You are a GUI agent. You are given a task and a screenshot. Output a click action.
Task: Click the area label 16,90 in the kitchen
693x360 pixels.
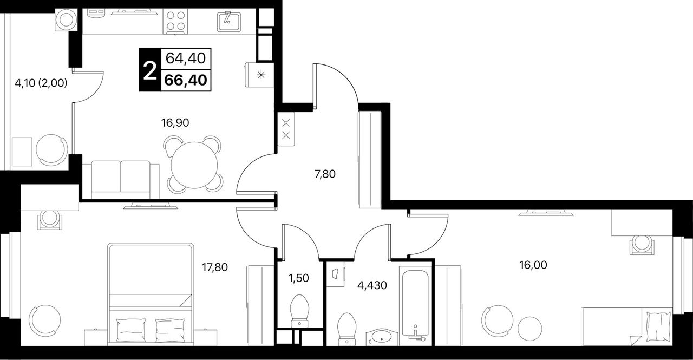point(175,123)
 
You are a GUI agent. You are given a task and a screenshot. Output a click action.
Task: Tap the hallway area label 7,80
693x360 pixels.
point(325,174)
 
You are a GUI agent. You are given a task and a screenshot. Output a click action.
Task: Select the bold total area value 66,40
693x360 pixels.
point(186,81)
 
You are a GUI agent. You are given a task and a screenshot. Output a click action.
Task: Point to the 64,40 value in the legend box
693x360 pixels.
point(186,58)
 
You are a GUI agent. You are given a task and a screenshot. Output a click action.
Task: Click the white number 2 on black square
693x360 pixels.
point(151,70)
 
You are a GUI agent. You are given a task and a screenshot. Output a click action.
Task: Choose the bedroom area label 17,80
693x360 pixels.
point(215,267)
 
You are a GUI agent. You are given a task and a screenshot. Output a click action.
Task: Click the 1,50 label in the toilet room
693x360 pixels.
point(298,278)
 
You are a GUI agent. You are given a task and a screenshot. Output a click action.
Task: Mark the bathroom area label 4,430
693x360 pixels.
point(372,285)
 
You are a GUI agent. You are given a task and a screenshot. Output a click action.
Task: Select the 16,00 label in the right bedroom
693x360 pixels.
point(533,265)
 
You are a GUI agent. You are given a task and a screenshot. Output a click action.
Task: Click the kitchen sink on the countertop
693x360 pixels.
point(229,22)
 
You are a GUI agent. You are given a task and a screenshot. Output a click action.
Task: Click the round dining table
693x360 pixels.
point(194,165)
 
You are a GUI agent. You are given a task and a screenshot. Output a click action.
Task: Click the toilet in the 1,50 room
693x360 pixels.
point(299,311)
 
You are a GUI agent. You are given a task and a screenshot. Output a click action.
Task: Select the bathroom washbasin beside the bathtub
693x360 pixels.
point(382,337)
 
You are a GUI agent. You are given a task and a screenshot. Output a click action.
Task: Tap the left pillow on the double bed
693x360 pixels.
point(131,330)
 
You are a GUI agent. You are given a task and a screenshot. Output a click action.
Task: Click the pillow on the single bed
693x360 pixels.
point(658,326)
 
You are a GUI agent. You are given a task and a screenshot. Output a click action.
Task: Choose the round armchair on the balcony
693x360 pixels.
point(51,150)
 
